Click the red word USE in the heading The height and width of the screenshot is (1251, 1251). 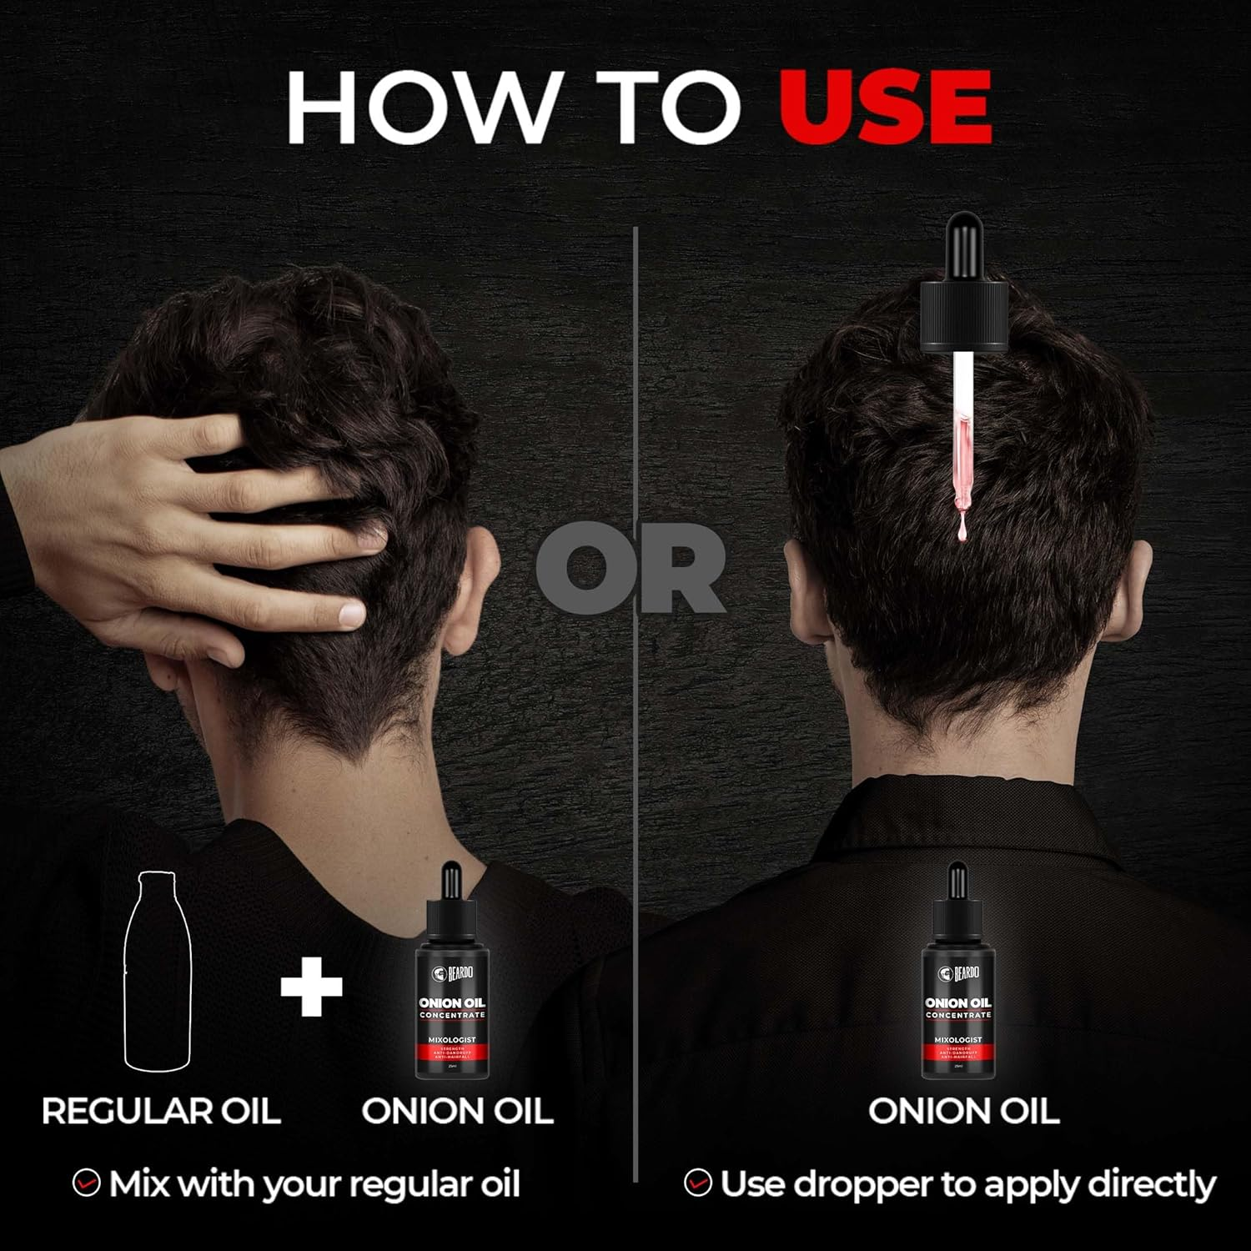click(x=885, y=107)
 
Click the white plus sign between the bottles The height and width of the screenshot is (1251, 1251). click(x=311, y=985)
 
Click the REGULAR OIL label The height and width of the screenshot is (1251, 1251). click(x=161, y=1111)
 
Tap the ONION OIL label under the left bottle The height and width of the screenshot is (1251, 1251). click(x=457, y=1111)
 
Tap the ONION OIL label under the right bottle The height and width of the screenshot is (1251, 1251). click(x=963, y=1111)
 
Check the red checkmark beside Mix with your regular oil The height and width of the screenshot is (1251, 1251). click(x=86, y=1183)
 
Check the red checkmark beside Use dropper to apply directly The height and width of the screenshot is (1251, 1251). click(x=697, y=1183)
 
